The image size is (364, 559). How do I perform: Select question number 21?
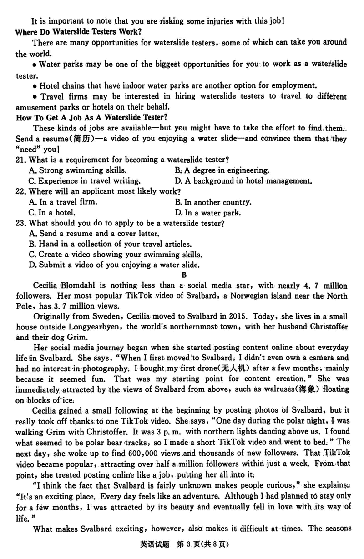21,160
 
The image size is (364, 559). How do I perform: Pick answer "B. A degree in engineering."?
222,170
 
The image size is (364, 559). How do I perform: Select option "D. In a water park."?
208,212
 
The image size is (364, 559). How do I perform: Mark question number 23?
21,223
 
